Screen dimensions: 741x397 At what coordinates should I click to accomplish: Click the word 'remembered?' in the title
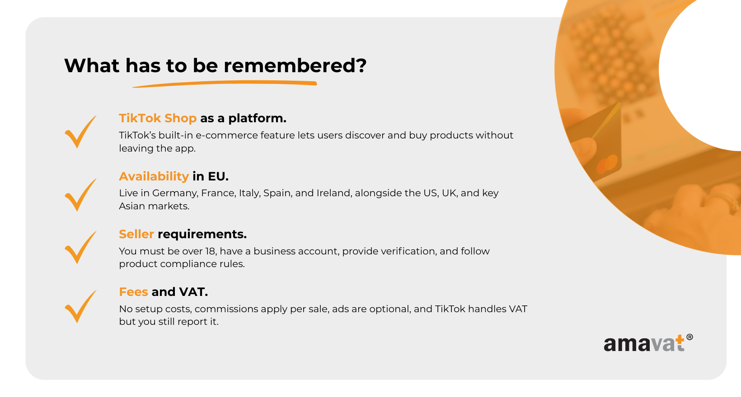click(x=295, y=65)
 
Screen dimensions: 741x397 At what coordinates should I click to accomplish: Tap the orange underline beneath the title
click(x=225, y=84)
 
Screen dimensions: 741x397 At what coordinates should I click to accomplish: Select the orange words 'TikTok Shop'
click(x=158, y=118)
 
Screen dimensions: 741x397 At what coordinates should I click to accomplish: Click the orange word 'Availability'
click(x=154, y=176)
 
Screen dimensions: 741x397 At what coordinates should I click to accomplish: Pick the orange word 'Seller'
click(x=136, y=234)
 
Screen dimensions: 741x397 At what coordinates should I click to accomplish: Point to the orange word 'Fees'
click(x=133, y=292)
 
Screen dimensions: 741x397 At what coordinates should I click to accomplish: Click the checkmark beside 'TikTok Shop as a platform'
click(x=80, y=132)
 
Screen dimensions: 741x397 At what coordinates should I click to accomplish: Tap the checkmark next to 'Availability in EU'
click(x=80, y=195)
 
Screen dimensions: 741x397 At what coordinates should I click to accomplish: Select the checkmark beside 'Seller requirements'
click(x=80, y=247)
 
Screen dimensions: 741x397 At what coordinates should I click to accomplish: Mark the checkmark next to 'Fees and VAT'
click(x=80, y=306)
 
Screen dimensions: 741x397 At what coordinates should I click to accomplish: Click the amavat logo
click(x=648, y=343)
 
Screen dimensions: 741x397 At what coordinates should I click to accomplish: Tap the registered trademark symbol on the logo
click(x=689, y=337)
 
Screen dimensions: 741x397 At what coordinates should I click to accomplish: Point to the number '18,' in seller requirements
click(x=211, y=251)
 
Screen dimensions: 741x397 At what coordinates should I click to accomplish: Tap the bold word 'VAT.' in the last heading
click(x=193, y=292)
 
